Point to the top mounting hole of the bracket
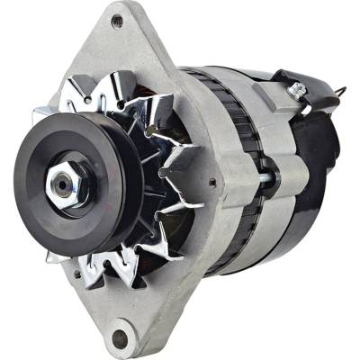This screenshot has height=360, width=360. coord(117,21)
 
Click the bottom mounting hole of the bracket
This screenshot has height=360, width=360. coord(119,337)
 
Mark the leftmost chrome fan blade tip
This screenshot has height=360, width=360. coord(40,117)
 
